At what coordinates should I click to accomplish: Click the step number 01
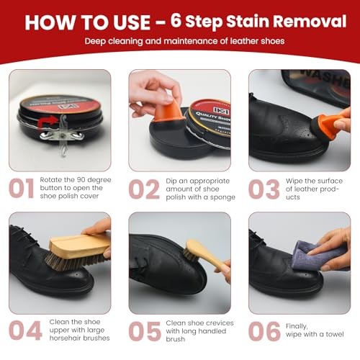pyautogui.click(x=21, y=189)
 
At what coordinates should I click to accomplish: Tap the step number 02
pyautogui.click(x=144, y=189)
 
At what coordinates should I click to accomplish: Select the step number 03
pyautogui.click(x=264, y=189)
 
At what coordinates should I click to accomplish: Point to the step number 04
pyautogui.click(x=25, y=330)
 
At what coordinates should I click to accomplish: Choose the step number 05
pyautogui.click(x=145, y=331)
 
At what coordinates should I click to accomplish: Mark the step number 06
pyautogui.click(x=264, y=331)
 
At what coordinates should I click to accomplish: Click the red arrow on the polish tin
pyautogui.click(x=48, y=122)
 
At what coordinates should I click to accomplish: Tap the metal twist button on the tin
pyautogui.click(x=62, y=136)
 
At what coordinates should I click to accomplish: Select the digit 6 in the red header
pyautogui.click(x=176, y=21)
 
